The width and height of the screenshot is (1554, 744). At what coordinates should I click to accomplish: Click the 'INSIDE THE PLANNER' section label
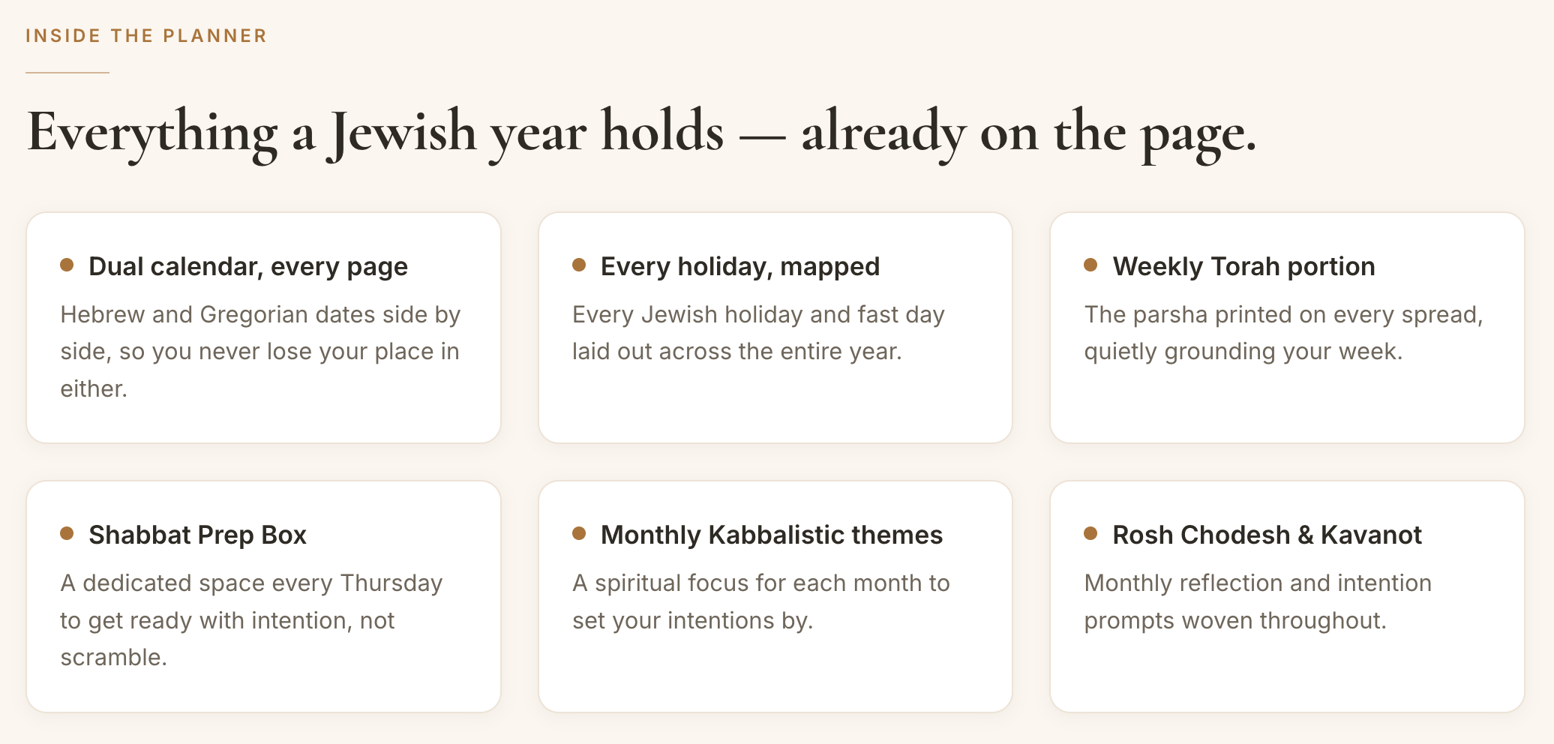pyautogui.click(x=146, y=36)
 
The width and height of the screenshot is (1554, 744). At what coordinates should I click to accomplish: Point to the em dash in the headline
pyautogui.click(x=763, y=137)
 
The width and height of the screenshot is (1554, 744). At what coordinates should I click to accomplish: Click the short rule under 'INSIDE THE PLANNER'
pyautogui.click(x=67, y=73)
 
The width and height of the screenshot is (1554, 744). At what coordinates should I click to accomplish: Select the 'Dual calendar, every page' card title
pyautogui.click(x=248, y=266)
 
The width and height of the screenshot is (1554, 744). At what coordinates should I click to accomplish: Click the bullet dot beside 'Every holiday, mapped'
pyautogui.click(x=579, y=265)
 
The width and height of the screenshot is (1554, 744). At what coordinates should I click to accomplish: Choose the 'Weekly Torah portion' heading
pyautogui.click(x=1243, y=266)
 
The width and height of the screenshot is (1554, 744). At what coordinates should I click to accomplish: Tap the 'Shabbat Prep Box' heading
pyautogui.click(x=197, y=535)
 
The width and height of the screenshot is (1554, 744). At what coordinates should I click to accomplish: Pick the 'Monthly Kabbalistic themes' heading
pyautogui.click(x=772, y=535)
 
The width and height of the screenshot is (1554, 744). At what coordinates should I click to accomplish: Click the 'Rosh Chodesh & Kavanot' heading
pyautogui.click(x=1267, y=535)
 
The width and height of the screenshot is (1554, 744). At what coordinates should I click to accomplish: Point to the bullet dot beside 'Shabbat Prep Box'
pyautogui.click(x=67, y=533)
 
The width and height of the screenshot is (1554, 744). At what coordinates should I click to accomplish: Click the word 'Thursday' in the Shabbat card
pyautogui.click(x=391, y=583)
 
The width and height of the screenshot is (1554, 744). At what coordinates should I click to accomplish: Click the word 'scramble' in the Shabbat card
pyautogui.click(x=111, y=658)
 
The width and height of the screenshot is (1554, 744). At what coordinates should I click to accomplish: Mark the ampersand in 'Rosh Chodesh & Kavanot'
pyautogui.click(x=1306, y=535)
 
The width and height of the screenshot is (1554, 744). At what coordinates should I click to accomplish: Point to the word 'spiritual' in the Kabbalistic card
pyautogui.click(x=637, y=583)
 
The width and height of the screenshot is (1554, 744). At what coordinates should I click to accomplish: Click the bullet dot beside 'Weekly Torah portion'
pyautogui.click(x=1090, y=265)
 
